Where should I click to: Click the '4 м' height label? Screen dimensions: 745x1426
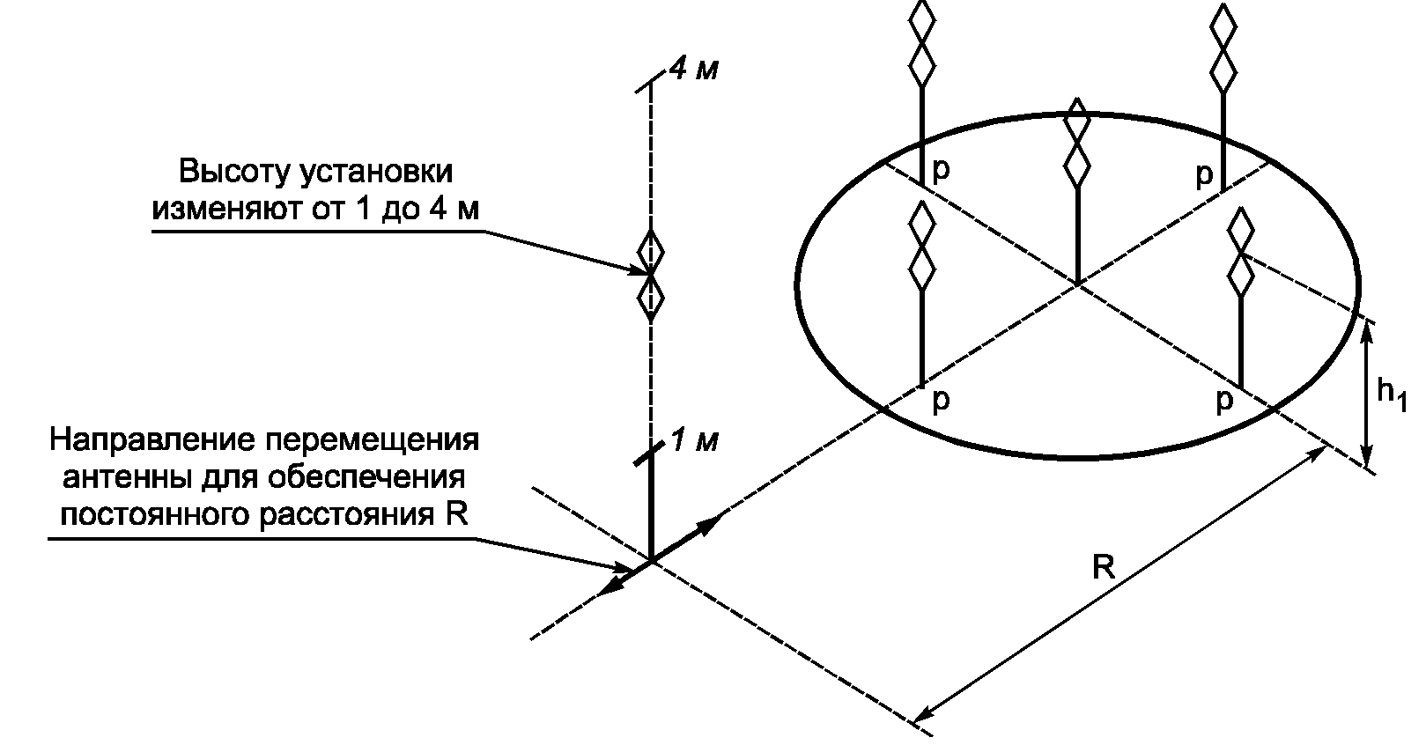tap(693, 69)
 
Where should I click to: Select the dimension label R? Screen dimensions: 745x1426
tap(1103, 568)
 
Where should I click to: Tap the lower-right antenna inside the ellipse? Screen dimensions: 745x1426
tap(1240, 253)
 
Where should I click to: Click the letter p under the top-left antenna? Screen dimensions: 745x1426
tap(941, 169)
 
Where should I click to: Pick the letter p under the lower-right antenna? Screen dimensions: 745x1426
tap(1223, 402)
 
